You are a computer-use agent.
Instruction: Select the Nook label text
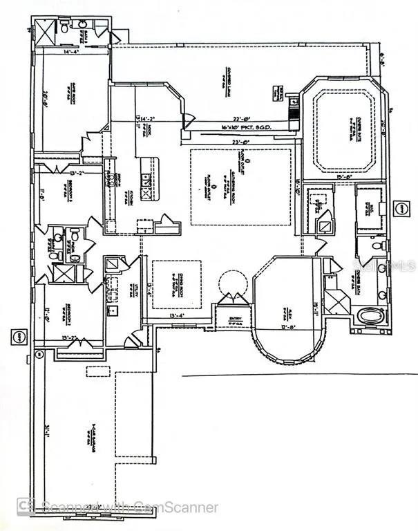point(148,129)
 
